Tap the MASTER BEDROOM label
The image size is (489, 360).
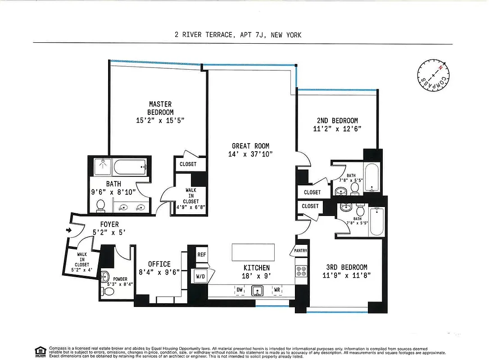click(x=160, y=108)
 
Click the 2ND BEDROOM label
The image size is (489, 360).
click(x=338, y=121)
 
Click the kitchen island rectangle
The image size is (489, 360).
click(x=253, y=252)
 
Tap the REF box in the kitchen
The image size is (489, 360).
click(x=201, y=255)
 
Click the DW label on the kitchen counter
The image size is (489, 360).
click(x=240, y=290)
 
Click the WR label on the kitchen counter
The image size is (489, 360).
click(x=277, y=290)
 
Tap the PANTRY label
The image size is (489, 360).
click(x=301, y=251)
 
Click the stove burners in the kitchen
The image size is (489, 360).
click(x=301, y=271)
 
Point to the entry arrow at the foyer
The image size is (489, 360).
click(x=68, y=230)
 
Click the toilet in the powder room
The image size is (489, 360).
click(x=109, y=292)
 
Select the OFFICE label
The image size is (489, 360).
click(x=159, y=264)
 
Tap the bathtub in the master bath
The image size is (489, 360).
click(x=130, y=168)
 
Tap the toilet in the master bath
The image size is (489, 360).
click(x=101, y=206)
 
